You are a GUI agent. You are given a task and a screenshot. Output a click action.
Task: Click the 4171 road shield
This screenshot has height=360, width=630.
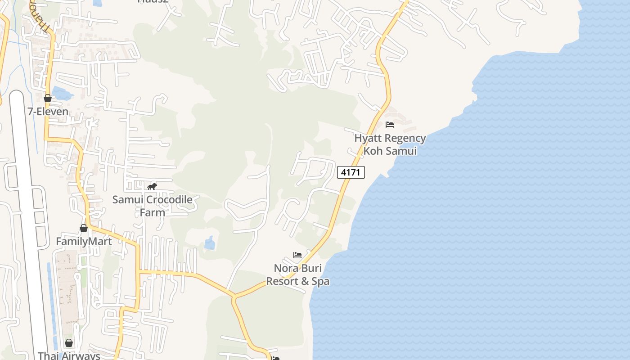pos(351,172)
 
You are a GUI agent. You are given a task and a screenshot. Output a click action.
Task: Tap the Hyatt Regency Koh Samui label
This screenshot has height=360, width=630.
pos(390,144)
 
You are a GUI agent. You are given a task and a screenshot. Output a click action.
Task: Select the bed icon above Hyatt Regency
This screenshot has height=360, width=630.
pos(390,125)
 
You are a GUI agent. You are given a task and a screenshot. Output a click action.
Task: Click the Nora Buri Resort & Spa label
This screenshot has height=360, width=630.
pos(298,275)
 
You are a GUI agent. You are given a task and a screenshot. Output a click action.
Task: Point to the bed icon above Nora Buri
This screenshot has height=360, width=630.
pos(297,255)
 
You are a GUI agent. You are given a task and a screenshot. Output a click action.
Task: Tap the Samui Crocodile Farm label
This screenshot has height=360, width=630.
pos(152,206)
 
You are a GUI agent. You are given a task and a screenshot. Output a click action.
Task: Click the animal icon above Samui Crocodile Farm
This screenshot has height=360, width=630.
pos(152,186)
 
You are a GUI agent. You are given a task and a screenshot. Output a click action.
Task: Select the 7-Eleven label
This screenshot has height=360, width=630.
pos(48,112)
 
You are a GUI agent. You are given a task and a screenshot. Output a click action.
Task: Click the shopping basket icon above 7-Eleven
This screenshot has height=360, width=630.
pos(48,98)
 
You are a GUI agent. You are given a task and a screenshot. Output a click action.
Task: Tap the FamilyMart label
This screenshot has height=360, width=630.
pos(84,242)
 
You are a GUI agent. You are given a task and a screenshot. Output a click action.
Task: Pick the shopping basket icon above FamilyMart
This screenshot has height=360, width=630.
pos(84,228)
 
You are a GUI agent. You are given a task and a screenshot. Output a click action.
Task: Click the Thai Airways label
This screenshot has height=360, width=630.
pos(69,355)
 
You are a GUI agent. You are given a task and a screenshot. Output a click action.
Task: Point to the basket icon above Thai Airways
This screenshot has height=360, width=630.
pos(69,343)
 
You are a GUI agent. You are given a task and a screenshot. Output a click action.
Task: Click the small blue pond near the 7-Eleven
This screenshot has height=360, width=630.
pos(62,94)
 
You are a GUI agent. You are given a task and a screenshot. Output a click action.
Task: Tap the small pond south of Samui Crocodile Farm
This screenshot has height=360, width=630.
pos(210,243)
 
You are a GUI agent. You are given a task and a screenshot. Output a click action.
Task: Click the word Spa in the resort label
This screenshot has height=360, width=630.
pos(321,282)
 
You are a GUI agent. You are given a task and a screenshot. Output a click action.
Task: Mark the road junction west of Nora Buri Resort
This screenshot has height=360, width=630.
pos(234,297)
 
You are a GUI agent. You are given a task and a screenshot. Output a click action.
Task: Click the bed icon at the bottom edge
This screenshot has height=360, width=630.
pos(275,358)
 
